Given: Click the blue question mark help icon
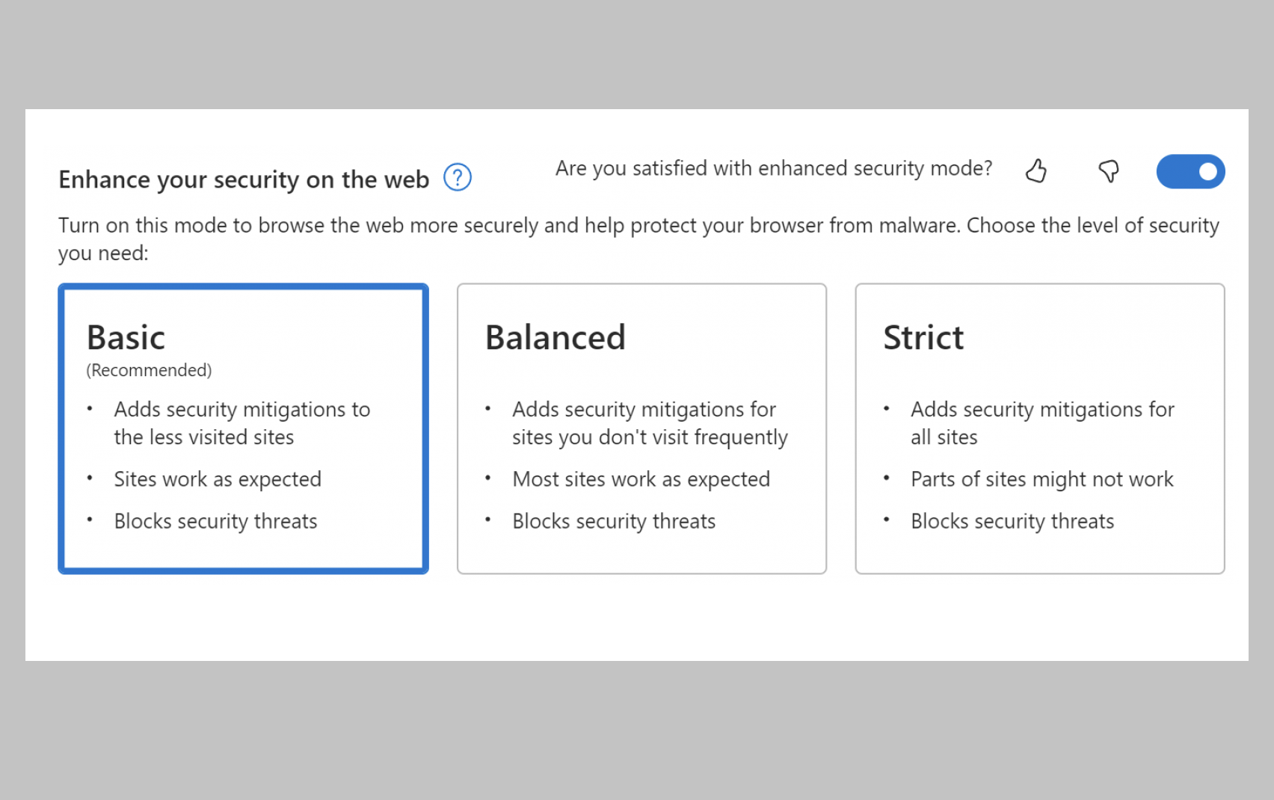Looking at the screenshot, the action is (x=458, y=177).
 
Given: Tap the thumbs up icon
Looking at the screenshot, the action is (x=1036, y=170).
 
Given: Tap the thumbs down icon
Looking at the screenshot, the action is (x=1109, y=171).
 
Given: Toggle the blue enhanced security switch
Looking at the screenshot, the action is (x=1190, y=171).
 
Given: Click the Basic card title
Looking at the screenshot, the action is (x=126, y=337).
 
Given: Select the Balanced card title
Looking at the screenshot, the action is (x=555, y=337).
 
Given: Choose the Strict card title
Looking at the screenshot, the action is (x=923, y=337).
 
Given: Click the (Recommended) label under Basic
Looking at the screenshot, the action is (x=149, y=370).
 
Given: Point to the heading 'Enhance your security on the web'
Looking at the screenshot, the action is (x=244, y=179).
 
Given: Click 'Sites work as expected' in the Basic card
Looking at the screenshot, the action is (x=218, y=479).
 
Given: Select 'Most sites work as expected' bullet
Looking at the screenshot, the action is (x=641, y=479).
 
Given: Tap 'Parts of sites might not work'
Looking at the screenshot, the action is (x=1042, y=479).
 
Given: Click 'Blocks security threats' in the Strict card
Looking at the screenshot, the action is (x=1012, y=521).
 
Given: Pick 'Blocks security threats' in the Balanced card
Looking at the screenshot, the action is (x=614, y=521).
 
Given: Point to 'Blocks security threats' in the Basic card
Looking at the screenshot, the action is (x=215, y=521).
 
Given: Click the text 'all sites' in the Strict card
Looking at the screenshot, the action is (x=944, y=437).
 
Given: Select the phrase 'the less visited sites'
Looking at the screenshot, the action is (x=203, y=437).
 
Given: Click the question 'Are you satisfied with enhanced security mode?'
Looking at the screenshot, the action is (x=774, y=168).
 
